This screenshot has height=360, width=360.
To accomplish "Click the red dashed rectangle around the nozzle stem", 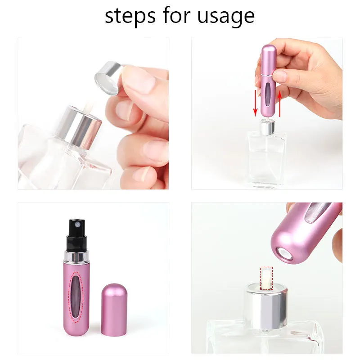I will click(x=266, y=278).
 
